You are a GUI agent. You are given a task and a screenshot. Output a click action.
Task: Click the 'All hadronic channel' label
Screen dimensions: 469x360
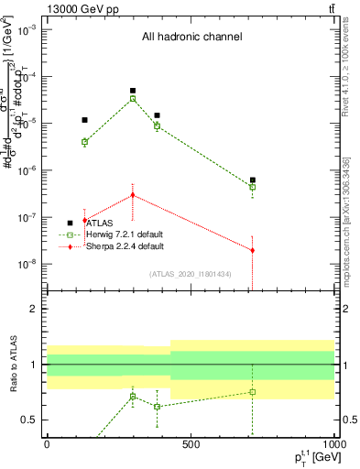coord(191,37)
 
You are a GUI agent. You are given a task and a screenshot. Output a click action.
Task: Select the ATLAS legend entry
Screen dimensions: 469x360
coord(102,223)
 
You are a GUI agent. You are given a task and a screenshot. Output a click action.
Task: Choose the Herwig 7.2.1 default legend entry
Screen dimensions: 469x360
coord(124,234)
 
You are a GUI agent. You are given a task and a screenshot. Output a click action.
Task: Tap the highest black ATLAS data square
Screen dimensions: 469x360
coord(133,91)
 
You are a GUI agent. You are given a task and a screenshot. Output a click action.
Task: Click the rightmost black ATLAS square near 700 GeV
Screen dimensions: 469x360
coord(252,180)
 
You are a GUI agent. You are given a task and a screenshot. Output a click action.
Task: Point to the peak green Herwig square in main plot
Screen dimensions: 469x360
coord(133,99)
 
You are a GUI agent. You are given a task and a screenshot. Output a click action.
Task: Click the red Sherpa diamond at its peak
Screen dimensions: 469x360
coord(133,195)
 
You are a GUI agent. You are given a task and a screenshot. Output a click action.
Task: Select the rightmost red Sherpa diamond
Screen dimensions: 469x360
coord(252,250)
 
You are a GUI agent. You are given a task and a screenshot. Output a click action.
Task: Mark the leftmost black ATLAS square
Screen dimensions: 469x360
coord(84,120)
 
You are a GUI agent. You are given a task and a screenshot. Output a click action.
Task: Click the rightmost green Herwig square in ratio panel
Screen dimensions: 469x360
coord(252,392)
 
